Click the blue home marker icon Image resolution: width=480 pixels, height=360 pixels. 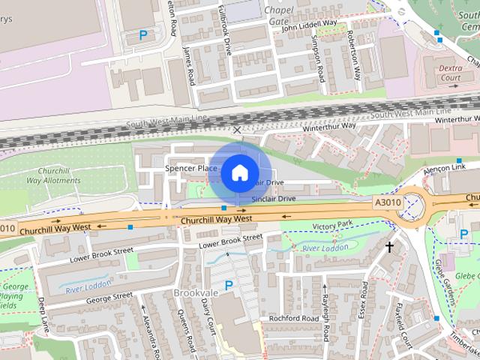[238, 172]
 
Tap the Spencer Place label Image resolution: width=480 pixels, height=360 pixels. [191, 169]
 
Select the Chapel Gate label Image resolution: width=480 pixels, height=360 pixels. [279, 16]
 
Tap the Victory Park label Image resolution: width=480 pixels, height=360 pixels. [332, 225]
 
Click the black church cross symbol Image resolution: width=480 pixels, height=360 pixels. [389, 246]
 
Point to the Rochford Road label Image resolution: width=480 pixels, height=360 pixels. [295, 318]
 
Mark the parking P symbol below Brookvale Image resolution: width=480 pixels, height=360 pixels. [229, 285]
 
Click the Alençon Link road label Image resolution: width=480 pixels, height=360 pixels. [445, 168]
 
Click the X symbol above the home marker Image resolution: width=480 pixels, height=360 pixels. [238, 130]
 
